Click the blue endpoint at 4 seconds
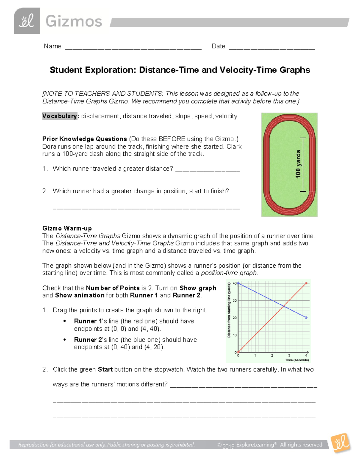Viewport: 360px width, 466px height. (306, 317)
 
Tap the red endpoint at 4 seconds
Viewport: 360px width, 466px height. (306, 283)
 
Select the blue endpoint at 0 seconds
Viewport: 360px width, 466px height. (238, 283)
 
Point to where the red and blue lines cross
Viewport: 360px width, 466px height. (283, 306)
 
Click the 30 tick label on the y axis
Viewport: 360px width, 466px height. (235, 300)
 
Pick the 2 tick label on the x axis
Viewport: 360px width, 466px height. (272, 356)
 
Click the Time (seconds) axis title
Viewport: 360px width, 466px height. (297, 360)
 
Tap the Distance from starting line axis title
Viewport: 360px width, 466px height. (229, 310)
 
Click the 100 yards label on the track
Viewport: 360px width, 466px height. (298, 164)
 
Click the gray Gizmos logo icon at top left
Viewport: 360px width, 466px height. (27, 21)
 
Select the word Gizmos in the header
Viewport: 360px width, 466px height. (74, 22)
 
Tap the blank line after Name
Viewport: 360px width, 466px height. (133, 47)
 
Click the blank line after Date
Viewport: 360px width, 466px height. (272, 47)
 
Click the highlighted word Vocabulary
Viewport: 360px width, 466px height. (60, 116)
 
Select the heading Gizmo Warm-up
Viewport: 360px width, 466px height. (67, 228)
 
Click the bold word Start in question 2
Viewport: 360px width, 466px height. (105, 369)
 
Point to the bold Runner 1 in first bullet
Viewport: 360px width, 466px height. (88, 321)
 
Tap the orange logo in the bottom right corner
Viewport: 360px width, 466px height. (340, 443)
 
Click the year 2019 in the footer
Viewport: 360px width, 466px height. (228, 446)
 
